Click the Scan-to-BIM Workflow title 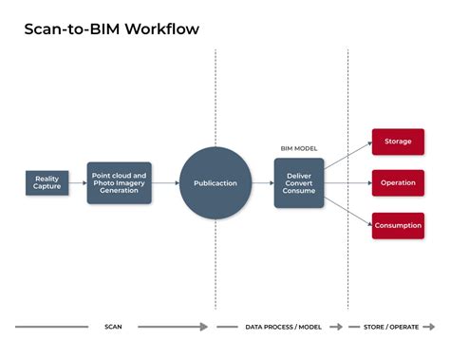tap(112, 28)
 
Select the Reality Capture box tap(47, 182)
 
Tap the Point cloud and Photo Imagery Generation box tap(119, 182)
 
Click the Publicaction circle tap(216, 182)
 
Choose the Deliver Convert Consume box tap(300, 182)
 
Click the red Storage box tap(398, 142)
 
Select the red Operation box tap(398, 182)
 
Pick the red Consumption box tap(398, 224)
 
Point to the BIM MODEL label tap(300, 148)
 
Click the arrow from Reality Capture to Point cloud tap(78, 182)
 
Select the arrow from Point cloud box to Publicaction tap(165, 182)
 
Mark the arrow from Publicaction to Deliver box tap(262, 182)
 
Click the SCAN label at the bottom tap(113, 327)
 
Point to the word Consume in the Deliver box tap(300, 191)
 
